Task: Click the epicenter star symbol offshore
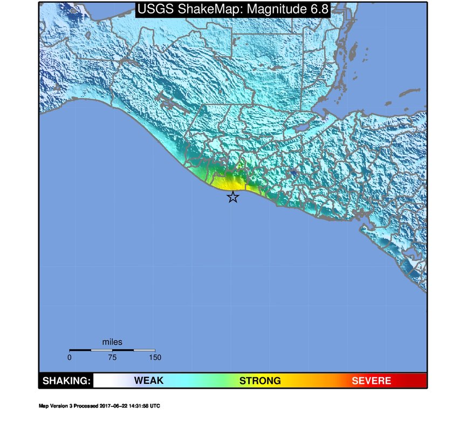coord(232,197)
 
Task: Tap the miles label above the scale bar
coord(112,342)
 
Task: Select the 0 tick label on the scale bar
coord(70,357)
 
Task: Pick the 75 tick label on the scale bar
coord(112,357)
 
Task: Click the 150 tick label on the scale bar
coord(155,357)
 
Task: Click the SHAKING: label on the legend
coord(66,381)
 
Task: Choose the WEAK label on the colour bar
coord(148,381)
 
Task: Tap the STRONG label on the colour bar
coord(260,381)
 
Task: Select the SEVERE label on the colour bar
coord(371,381)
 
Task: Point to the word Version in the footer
coord(56,406)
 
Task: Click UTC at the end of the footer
coord(155,406)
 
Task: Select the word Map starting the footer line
coord(43,406)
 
